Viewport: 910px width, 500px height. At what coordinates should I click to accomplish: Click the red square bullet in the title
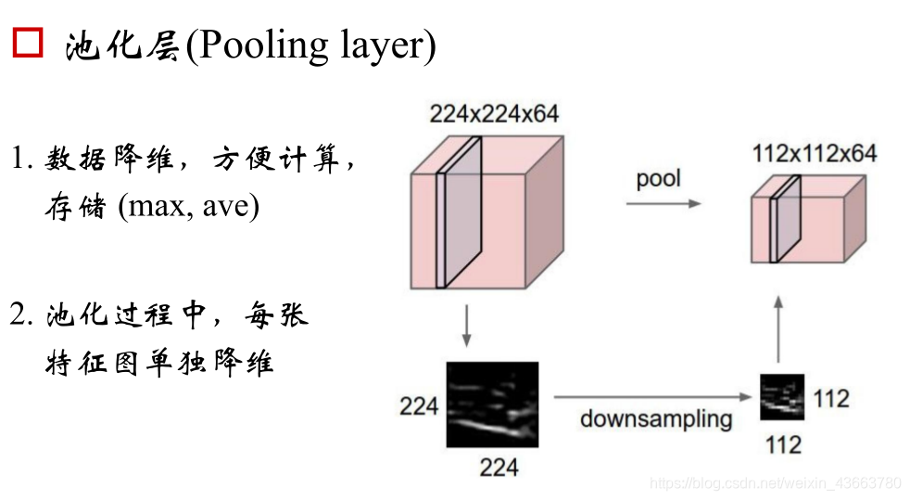point(27,43)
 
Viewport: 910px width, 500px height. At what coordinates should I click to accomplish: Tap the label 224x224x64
point(494,114)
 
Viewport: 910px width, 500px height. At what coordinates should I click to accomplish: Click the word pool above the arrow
point(658,178)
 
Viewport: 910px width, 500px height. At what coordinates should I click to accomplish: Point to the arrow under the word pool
point(664,202)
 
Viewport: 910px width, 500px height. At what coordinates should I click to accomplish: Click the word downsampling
point(656,418)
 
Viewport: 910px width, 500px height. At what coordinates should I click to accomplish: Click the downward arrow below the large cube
point(467,324)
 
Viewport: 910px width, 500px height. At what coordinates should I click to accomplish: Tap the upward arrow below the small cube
point(779,328)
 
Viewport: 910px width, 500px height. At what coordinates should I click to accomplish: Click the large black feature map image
point(492,404)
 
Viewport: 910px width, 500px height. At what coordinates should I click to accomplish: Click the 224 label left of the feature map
point(419,405)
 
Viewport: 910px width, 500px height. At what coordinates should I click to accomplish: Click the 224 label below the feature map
point(499,467)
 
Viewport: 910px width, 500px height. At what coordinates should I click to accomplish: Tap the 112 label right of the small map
point(831,399)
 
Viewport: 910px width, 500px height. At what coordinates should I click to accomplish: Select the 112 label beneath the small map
point(783,445)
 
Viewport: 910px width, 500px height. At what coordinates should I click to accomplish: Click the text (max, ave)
point(188,206)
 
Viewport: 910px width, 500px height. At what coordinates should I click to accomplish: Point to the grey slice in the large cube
point(461,211)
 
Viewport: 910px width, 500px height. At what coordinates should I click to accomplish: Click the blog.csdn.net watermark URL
point(775,483)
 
